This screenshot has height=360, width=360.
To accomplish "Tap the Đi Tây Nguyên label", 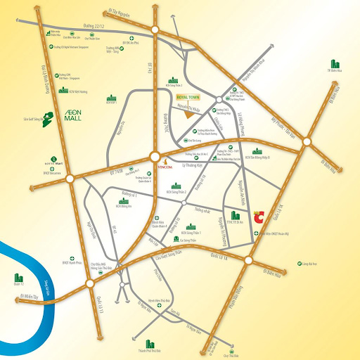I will point(122,12).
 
